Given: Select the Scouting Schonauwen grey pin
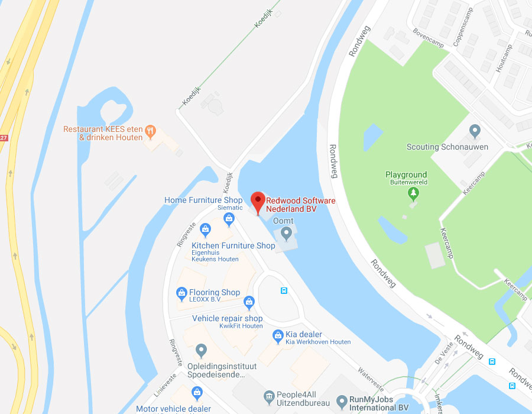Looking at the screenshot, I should (474, 131).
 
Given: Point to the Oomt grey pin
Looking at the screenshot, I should (287, 234).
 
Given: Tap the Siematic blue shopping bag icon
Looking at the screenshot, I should (229, 219).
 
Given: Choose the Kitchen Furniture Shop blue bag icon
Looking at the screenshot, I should (205, 229).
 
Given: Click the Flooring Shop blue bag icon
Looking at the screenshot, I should (181, 292).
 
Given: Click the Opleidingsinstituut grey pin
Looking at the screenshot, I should (202, 351).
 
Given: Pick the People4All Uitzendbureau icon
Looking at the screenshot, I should (269, 396).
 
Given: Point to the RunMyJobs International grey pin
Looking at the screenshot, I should (342, 402).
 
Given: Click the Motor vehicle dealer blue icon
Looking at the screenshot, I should (197, 392).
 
